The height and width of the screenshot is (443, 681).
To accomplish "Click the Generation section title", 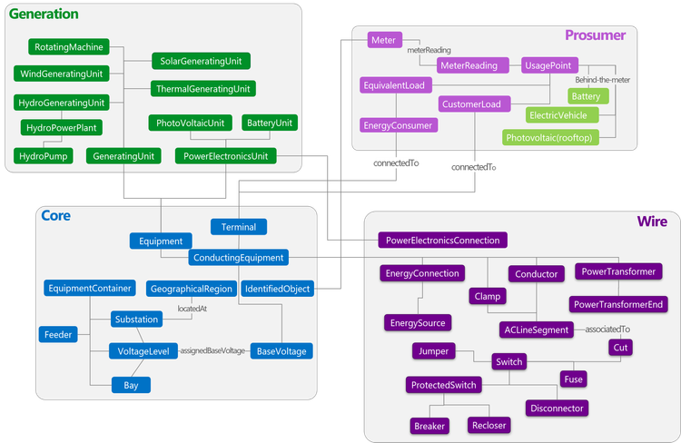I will click(44, 15).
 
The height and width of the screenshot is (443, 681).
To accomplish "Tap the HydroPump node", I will click(42, 156).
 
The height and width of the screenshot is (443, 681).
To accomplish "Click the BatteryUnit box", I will click(271, 123).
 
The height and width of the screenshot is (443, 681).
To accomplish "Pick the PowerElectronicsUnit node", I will click(224, 156).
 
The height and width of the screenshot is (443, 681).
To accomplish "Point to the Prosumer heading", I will click(595, 35).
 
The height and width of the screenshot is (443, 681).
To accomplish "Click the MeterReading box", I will click(469, 65).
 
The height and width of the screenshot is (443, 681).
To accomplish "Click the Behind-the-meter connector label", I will click(602, 80).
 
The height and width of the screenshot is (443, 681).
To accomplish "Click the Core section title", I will click(55, 216).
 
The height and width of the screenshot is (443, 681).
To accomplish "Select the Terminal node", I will click(238, 227).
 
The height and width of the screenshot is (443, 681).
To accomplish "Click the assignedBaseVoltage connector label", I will click(212, 350).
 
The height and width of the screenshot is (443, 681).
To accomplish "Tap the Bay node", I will click(131, 385).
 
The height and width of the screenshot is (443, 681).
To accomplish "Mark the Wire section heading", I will click(651, 221).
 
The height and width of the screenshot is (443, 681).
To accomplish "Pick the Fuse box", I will click(573, 379).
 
